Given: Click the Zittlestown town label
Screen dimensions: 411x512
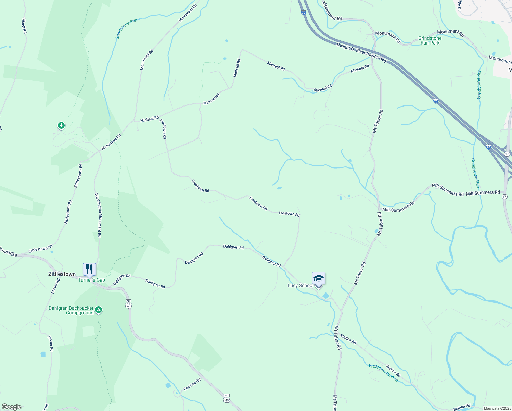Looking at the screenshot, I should (62, 274).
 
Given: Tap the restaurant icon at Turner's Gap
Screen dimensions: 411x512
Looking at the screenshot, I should (89, 270).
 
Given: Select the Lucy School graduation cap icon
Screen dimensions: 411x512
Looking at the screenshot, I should (319, 278).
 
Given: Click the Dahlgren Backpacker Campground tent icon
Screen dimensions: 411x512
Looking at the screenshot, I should (99, 310).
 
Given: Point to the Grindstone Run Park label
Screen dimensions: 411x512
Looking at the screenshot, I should (430, 40).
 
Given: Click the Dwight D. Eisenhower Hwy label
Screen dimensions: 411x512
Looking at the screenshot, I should (362, 52).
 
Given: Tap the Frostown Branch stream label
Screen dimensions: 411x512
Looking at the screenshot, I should (383, 372).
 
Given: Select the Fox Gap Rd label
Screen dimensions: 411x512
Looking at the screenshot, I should (192, 385).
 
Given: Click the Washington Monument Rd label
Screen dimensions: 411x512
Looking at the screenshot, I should (98, 215).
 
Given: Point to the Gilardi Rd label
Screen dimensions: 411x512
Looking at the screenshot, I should (24, 26).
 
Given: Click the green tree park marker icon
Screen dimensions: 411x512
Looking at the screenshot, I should (61, 126).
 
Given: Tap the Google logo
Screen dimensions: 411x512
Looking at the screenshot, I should (12, 407).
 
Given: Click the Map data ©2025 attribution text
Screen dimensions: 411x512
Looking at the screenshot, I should (497, 408).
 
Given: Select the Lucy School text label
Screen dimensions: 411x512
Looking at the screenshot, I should (300, 285).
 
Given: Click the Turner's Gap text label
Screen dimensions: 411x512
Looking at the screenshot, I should (91, 280).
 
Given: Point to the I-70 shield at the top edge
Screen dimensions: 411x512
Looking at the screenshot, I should (303, 13).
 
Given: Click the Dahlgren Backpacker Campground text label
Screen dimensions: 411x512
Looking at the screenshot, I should (71, 310).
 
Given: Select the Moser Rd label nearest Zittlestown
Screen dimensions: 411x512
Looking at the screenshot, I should (55, 286).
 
